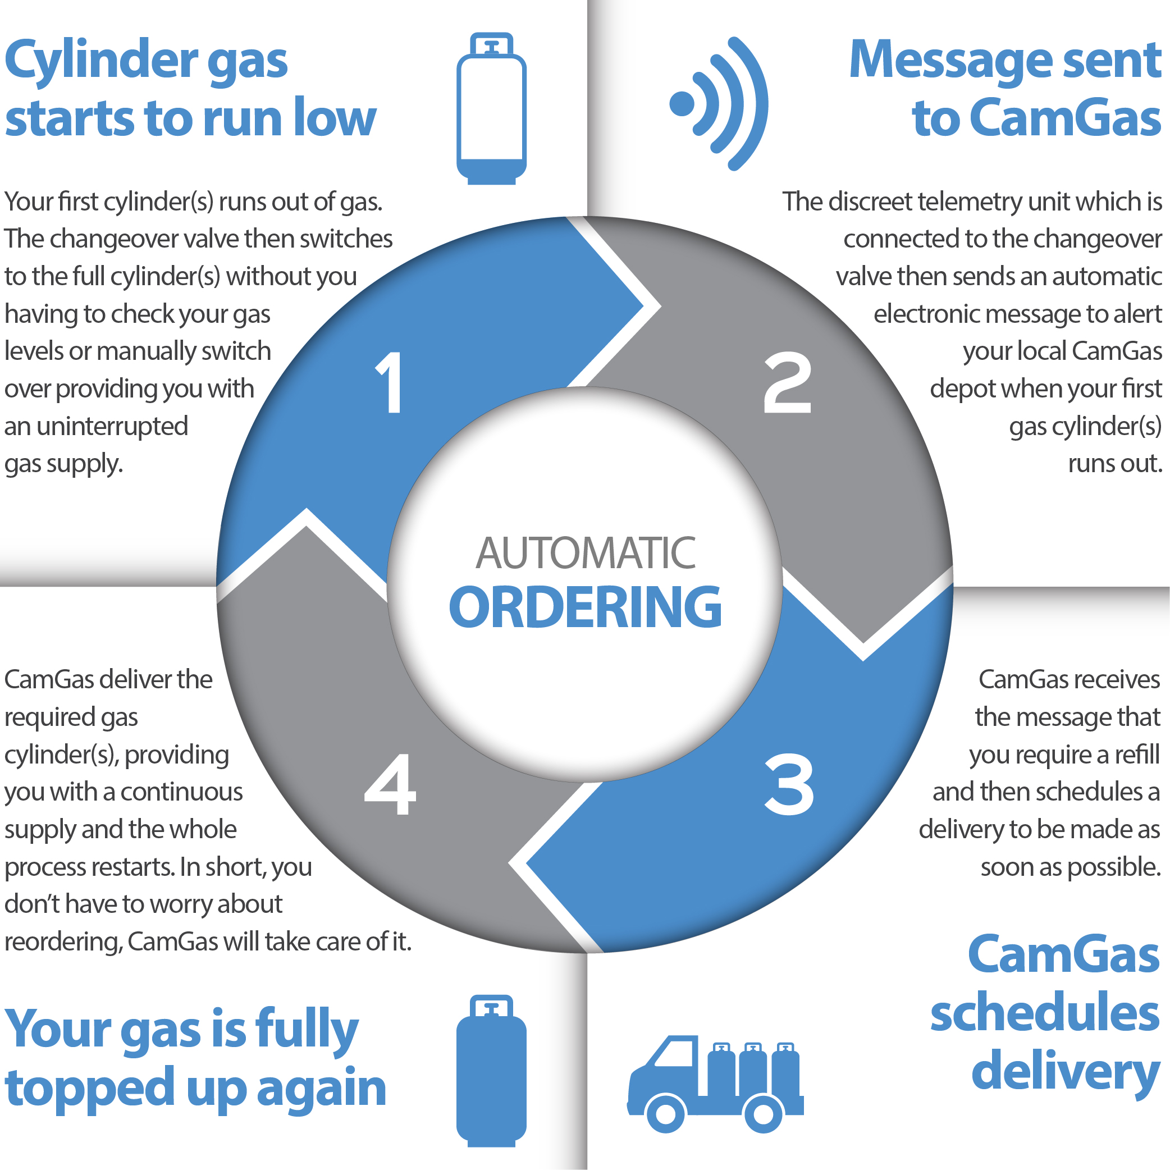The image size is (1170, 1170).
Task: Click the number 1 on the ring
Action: click(x=391, y=383)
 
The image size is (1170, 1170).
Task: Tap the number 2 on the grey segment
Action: click(x=787, y=383)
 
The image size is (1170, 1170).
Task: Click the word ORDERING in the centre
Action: click(x=585, y=607)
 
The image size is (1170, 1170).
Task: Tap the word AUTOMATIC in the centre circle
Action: click(x=585, y=553)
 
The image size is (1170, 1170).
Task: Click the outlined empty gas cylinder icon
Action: click(x=491, y=109)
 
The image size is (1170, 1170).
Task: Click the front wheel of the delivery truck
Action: click(x=665, y=1113)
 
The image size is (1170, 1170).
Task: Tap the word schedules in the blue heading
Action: click(x=1045, y=1014)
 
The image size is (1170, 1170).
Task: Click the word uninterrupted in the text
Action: click(x=112, y=426)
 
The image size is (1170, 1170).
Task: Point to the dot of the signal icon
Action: click(x=682, y=103)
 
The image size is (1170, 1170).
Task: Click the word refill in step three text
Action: click(x=1137, y=755)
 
